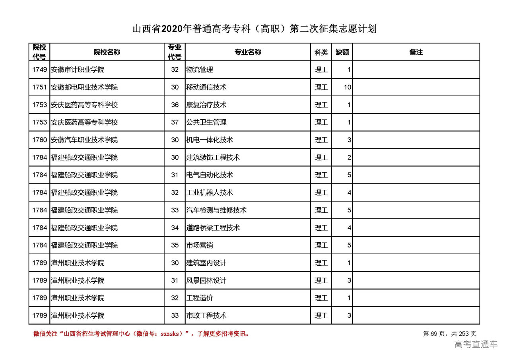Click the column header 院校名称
pos(107,52)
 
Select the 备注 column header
pos(416,52)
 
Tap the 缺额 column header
pos(342,52)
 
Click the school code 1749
pos(39,70)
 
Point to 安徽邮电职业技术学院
pos(84,87)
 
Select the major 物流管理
pos(200,70)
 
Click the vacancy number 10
pos(348,87)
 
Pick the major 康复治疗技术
pos(206,105)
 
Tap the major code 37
pos(175,123)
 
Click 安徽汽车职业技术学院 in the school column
pos(84,140)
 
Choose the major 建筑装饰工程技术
pos(213,158)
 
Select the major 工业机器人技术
pos(210,193)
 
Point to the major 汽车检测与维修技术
pos(216,210)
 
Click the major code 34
pos(175,228)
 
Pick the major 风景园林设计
pos(206,280)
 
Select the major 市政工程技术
pos(206,315)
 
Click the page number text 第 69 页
pos(435,334)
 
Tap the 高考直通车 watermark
pos(476,344)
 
